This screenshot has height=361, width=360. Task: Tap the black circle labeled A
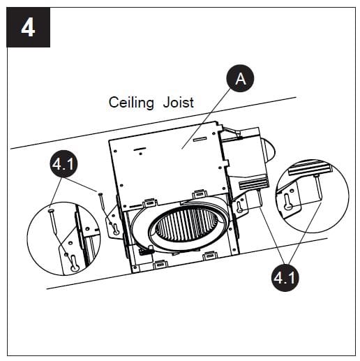(241, 80)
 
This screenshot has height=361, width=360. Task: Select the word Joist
(178, 103)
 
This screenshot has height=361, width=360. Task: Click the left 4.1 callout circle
(64, 166)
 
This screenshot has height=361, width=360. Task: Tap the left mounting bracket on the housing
(114, 224)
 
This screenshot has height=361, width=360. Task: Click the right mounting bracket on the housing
(241, 205)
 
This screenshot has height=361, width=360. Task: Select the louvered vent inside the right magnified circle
(309, 168)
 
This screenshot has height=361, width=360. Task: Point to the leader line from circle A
(208, 116)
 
